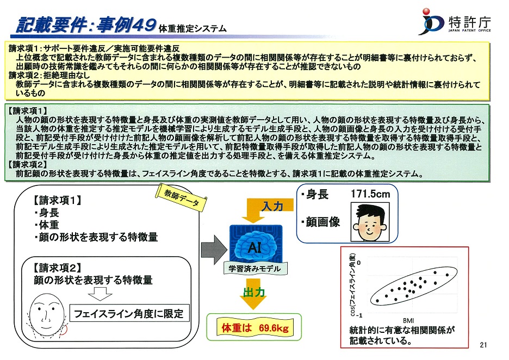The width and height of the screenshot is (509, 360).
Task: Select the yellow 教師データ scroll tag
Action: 181,197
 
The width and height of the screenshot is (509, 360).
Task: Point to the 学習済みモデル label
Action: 254,269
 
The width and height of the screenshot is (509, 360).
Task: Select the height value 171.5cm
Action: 370,194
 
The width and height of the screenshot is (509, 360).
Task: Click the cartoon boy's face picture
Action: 370,222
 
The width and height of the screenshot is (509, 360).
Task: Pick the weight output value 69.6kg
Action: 274,328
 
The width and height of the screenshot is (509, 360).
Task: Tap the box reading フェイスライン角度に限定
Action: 129,313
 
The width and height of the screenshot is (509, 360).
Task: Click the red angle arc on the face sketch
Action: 65,330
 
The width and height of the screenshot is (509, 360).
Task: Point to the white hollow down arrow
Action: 100,294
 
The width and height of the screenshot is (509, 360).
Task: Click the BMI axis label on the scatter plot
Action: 408,321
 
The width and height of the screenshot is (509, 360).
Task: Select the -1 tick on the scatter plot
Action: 359,315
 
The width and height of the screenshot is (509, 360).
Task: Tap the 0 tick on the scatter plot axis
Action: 359,262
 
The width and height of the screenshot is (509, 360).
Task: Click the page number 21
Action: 483,345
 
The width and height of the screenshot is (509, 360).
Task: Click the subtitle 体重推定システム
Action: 193,29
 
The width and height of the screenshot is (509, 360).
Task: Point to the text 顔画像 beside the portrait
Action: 322,222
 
